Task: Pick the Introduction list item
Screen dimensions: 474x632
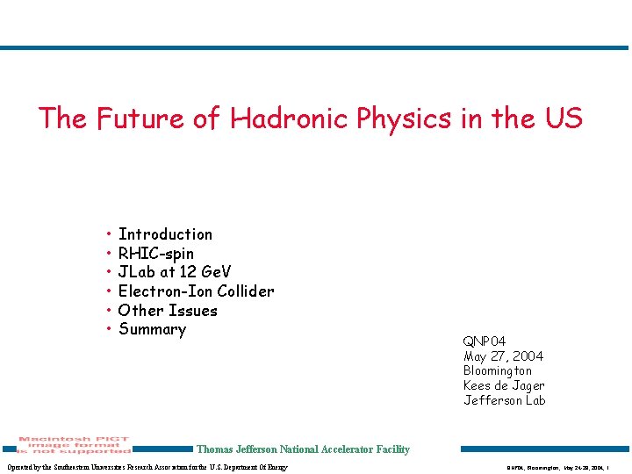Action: coord(165,234)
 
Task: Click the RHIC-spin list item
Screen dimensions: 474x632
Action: coord(156,254)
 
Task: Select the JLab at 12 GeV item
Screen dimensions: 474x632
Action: coord(175,272)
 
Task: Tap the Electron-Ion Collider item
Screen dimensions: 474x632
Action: coord(196,291)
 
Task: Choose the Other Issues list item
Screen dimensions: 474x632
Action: coord(168,311)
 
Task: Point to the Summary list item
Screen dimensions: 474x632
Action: coord(152,330)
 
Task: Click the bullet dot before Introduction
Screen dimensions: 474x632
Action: coord(107,234)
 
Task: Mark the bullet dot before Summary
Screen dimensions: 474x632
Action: coord(107,330)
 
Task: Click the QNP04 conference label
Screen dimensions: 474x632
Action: coord(485,341)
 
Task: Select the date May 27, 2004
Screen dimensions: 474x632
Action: coord(503,356)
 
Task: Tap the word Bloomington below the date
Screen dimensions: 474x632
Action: coord(498,371)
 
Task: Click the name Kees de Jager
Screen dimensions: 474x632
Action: coord(504,386)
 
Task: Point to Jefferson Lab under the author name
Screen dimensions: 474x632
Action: coord(504,401)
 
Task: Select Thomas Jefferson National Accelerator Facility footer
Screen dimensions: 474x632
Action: coord(303,449)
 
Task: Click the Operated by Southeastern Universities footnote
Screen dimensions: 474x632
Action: coord(147,467)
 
